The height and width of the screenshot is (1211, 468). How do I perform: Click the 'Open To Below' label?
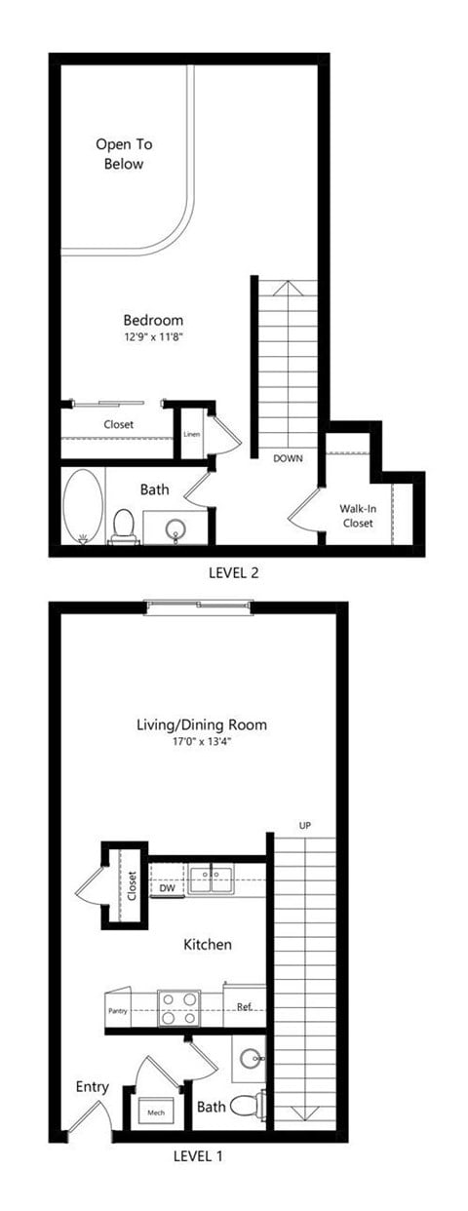pos(124,154)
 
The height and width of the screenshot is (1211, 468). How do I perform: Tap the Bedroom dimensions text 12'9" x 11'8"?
pos(154,337)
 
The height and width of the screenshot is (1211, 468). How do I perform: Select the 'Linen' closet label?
pos(191,434)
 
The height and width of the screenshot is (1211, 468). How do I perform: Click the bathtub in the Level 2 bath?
pos(83,506)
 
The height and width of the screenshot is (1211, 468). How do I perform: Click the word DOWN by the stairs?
pos(288,457)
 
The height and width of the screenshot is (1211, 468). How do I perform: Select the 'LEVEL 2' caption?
pos(233,573)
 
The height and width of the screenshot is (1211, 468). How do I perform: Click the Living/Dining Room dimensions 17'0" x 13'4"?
pos(202,742)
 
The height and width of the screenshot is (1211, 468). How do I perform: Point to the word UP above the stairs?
pos(305,827)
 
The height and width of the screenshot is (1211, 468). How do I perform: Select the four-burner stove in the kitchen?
pos(178,1008)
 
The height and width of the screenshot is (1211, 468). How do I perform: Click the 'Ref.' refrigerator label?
pos(245,1006)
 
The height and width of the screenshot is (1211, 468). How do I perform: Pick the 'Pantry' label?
pos(117,1011)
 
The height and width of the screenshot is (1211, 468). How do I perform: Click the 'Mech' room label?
pos(156,1112)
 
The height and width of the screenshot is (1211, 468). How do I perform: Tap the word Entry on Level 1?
pos(92,1087)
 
